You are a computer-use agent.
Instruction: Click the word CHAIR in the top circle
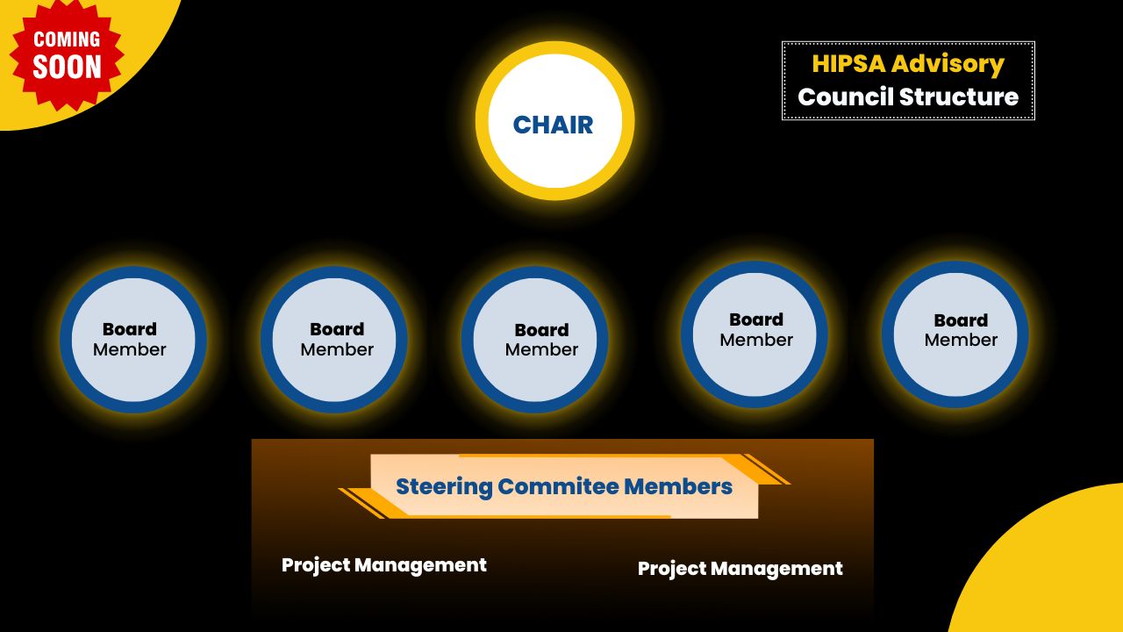[x=553, y=125]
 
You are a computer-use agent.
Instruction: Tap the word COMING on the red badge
[x=67, y=39]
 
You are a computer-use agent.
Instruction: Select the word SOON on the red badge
[x=67, y=68]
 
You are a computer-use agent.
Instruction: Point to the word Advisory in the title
[x=948, y=64]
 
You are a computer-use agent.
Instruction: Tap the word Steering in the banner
[x=443, y=486]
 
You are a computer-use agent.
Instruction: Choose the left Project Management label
[x=383, y=565]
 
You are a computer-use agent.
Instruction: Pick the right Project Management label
[x=740, y=569]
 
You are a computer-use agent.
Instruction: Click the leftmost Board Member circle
[x=132, y=339]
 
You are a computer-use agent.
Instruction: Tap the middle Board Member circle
[x=534, y=339]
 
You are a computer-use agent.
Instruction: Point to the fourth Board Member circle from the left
[x=754, y=334]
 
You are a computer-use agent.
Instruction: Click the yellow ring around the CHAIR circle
[x=554, y=49]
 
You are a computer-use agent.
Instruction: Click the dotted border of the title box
[x=908, y=42]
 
